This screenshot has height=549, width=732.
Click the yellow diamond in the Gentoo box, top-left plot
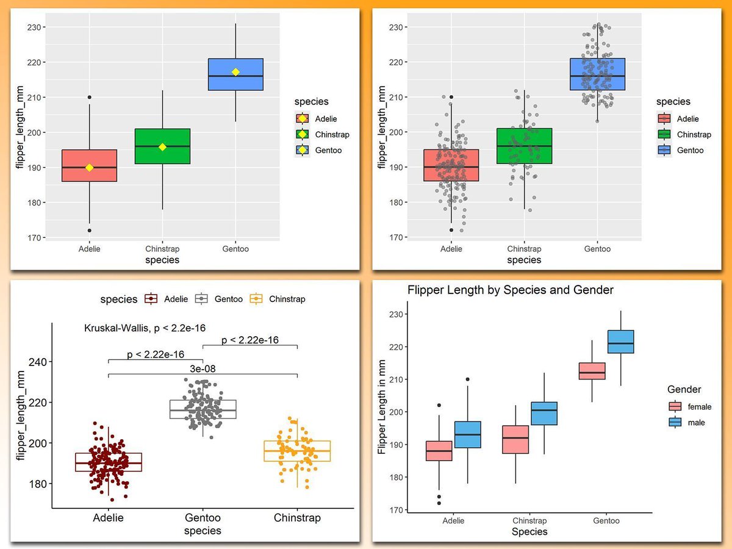[235, 72]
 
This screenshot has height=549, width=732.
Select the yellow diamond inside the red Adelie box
[90, 168]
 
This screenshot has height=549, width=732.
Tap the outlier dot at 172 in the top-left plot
[90, 231]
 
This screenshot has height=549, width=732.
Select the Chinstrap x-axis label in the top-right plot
[524, 249]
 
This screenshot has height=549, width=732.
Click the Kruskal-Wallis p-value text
[144, 328]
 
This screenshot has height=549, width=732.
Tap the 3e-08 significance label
[203, 368]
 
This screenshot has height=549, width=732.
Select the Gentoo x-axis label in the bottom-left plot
[203, 518]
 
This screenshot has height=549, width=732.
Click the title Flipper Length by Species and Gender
[510, 290]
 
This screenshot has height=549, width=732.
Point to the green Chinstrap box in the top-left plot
[162, 146]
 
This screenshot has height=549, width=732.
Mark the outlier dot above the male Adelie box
[468, 379]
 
